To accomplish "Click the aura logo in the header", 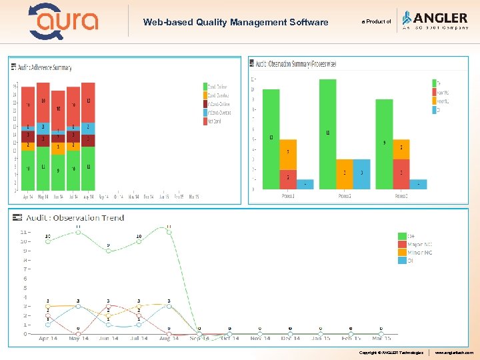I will (x=64, y=21).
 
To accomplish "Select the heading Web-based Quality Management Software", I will (x=235, y=22).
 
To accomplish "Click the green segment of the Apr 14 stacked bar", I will (x=28, y=169).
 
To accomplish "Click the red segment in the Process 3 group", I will (x=401, y=173).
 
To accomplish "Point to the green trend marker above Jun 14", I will (x=108, y=251).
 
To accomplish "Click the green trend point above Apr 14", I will (x=48, y=241).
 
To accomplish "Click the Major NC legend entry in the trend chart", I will (x=419, y=245).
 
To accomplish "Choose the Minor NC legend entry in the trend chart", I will (x=419, y=253).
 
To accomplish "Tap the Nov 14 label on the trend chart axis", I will (x=260, y=339).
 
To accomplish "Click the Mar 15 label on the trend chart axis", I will (x=381, y=339).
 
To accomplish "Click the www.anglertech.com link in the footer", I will (x=454, y=351).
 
